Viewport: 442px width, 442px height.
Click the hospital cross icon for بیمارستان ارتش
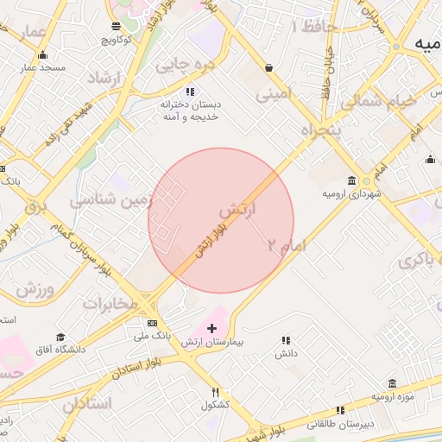point(212,328)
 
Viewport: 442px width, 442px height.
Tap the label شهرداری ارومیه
point(351,194)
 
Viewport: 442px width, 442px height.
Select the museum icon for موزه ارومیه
point(393,383)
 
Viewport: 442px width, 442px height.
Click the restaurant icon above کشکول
point(215,392)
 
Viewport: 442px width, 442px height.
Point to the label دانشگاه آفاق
point(60,349)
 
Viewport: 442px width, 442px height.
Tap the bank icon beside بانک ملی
point(153,323)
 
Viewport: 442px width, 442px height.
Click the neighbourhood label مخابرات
point(110,304)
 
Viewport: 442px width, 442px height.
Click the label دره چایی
point(184,64)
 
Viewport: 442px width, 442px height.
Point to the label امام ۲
point(287,246)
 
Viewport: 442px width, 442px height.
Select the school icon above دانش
point(286,341)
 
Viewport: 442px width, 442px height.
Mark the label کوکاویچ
point(117,39)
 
